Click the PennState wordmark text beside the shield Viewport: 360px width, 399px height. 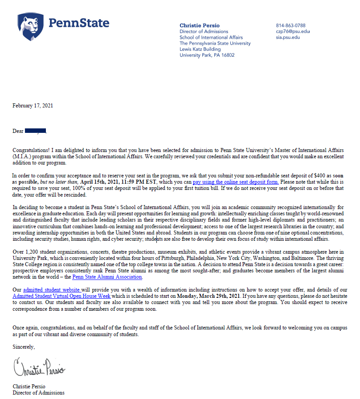(x=79, y=23)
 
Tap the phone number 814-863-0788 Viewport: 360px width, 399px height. (x=290, y=25)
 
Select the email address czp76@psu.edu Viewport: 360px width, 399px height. (x=292, y=32)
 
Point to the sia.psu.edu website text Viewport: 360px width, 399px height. (x=288, y=37)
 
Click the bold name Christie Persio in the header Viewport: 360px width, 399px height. (x=199, y=25)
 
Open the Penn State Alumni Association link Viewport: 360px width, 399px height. (x=107, y=277)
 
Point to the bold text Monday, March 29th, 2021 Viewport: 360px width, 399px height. (x=209, y=296)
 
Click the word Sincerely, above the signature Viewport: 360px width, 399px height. (x=24, y=346)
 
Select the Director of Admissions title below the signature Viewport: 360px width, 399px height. (x=38, y=393)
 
